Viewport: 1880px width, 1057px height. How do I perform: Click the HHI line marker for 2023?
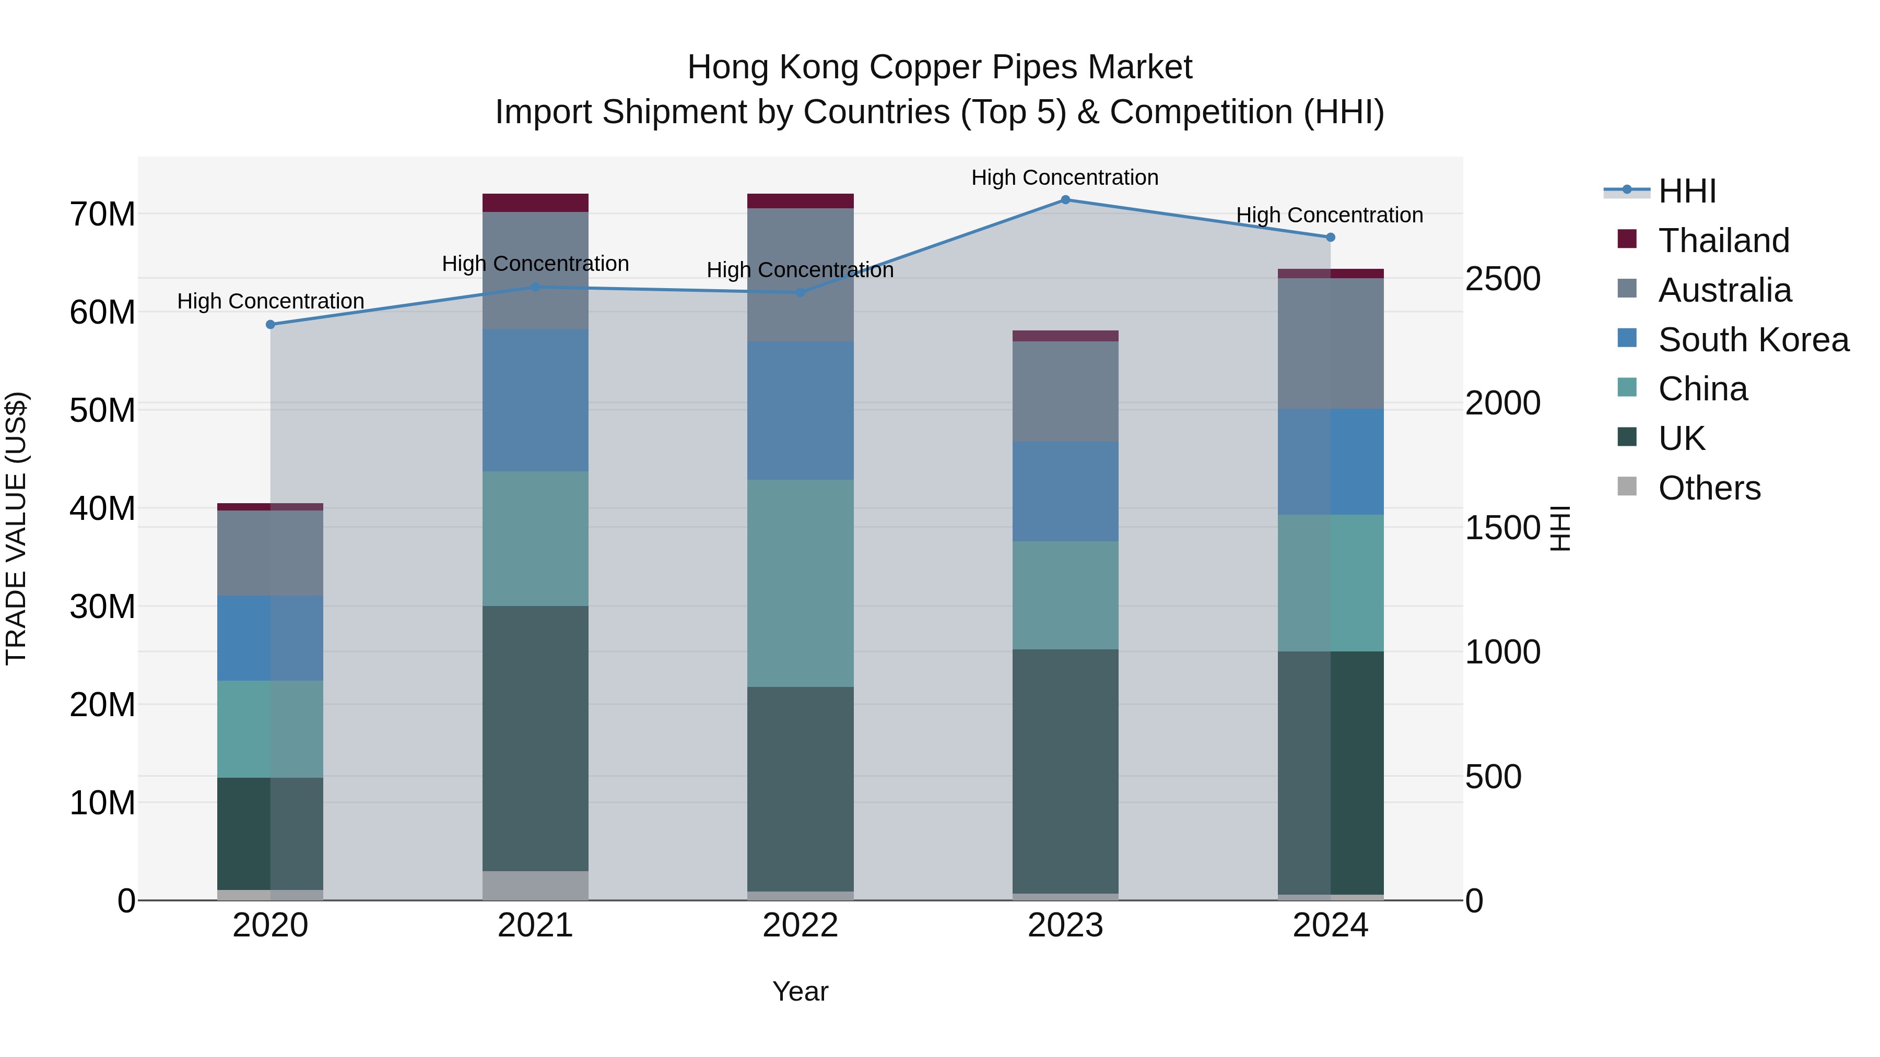click(x=1065, y=200)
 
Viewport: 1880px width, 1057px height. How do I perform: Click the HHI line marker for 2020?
click(x=270, y=325)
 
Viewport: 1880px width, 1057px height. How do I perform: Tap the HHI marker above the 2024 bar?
click(x=1330, y=237)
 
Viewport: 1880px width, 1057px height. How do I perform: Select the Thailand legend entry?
click(x=1723, y=241)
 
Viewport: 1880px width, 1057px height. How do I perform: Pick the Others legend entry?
click(x=1709, y=488)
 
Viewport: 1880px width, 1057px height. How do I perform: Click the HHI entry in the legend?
click(x=1687, y=191)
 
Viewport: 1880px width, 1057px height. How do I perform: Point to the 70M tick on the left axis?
click(x=102, y=215)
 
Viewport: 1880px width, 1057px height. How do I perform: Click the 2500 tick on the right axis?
click(x=1502, y=279)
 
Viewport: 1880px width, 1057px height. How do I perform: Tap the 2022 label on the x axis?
click(x=800, y=925)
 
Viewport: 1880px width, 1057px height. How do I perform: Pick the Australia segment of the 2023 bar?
click(x=1065, y=391)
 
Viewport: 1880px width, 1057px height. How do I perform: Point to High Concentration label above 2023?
click(x=1065, y=177)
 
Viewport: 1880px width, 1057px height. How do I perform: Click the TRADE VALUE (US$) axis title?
click(x=16, y=528)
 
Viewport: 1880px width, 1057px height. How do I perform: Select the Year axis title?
click(x=800, y=991)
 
